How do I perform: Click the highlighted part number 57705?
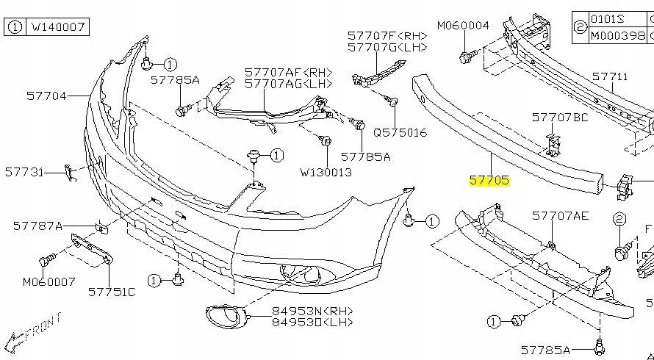click(x=489, y=179)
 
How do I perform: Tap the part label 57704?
click(x=47, y=96)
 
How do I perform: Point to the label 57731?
click(x=25, y=172)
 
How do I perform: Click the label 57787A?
click(x=38, y=226)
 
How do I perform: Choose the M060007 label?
click(x=49, y=281)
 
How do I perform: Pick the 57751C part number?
click(x=112, y=292)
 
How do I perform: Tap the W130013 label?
click(x=326, y=173)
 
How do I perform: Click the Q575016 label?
click(x=400, y=133)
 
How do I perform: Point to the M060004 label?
click(x=463, y=26)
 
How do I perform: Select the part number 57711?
click(x=610, y=76)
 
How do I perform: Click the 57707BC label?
click(x=560, y=117)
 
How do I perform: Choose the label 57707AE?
click(x=560, y=215)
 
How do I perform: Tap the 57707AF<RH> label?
click(x=289, y=73)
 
